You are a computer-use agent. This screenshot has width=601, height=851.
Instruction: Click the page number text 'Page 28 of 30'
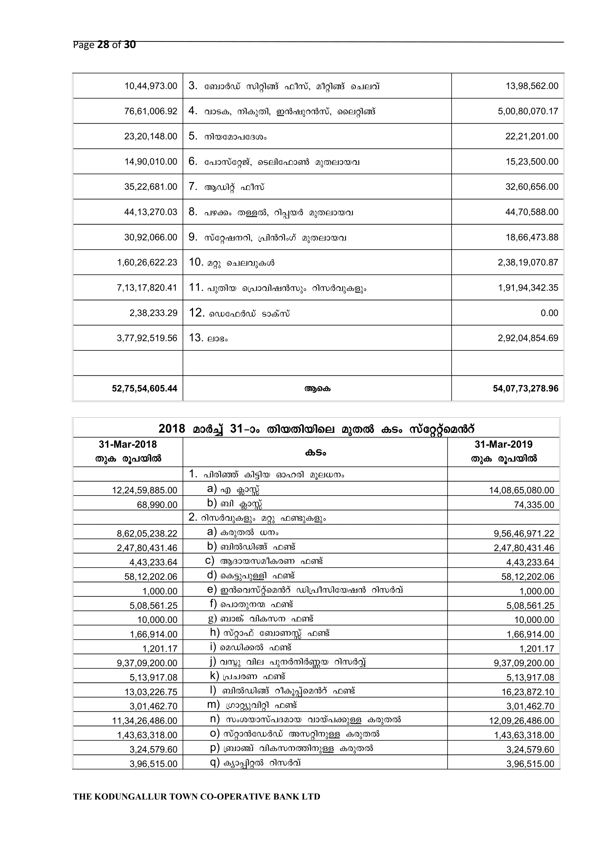[x=104, y=45]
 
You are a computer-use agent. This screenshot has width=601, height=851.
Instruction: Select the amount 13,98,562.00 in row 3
[x=532, y=86]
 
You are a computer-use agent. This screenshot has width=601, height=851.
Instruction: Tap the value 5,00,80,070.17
[x=528, y=111]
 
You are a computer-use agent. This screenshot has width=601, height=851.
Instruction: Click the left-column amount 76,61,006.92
[x=151, y=111]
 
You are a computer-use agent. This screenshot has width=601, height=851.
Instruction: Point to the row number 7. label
[x=193, y=186]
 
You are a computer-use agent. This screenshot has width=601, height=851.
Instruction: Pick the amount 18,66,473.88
[x=532, y=237]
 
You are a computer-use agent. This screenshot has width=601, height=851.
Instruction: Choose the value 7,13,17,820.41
[x=147, y=288]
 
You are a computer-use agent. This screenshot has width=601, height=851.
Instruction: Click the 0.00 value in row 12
[x=549, y=313]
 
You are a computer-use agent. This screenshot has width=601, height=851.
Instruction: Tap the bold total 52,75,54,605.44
[x=144, y=389]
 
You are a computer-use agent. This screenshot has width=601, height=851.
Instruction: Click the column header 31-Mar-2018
[x=128, y=444]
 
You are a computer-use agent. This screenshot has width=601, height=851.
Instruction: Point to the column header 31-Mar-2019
[x=503, y=444]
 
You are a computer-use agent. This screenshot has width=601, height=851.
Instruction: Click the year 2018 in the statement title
[x=172, y=429]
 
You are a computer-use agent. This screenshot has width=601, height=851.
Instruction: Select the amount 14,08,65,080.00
[x=521, y=490]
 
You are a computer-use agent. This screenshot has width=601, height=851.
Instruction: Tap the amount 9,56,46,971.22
[x=524, y=534]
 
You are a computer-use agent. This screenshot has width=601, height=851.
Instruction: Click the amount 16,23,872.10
[x=530, y=692]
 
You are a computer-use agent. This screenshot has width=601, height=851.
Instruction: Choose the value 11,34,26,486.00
[x=145, y=721]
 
